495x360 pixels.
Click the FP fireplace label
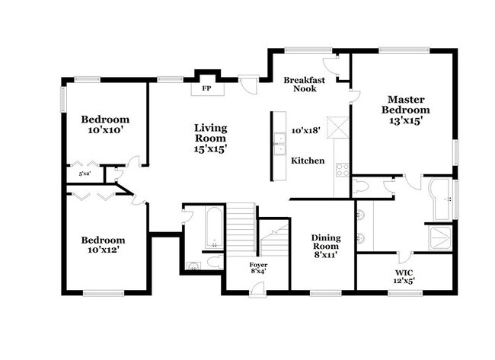coord(206,88)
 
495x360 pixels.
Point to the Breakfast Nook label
coord(305,84)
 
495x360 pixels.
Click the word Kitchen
coord(308,161)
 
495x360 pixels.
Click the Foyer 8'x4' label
coord(258,268)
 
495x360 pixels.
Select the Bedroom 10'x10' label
coord(105,125)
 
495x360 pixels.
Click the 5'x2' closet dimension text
coord(84,174)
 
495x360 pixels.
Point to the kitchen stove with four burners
coord(342,169)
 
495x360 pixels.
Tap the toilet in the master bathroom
coord(360,186)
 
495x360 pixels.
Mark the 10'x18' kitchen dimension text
coord(305,131)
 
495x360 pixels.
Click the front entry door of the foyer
coord(258,288)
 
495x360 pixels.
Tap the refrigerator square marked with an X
coord(337,127)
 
